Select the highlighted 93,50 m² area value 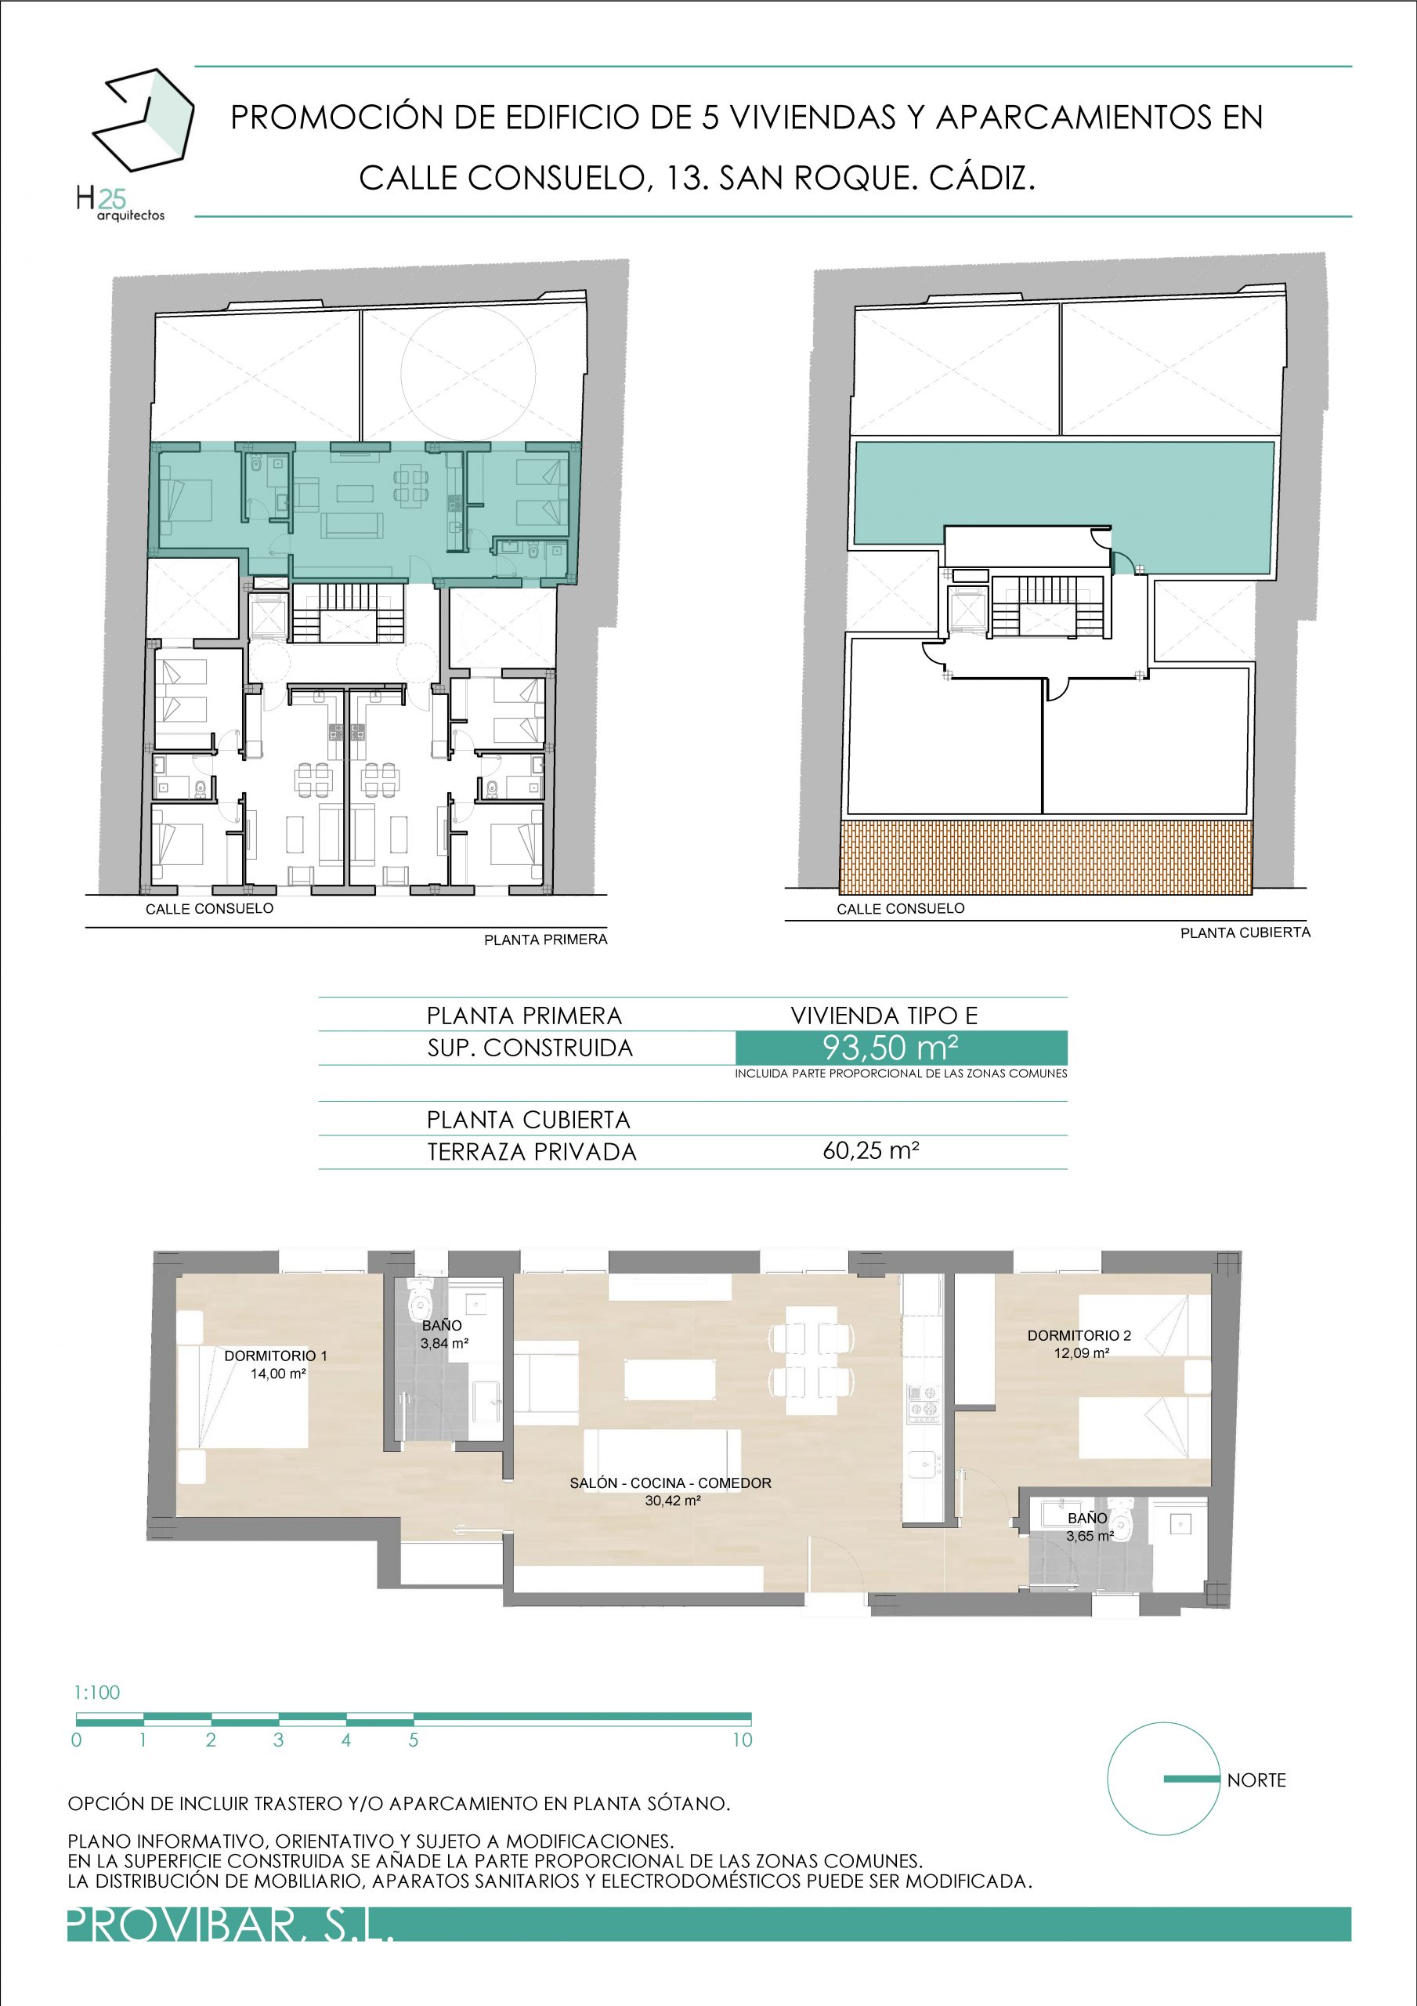tap(890, 1047)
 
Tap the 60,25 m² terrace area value tap(870, 1150)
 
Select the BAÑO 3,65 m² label tap(1089, 1526)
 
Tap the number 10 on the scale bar tap(742, 1740)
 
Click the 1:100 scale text tap(97, 1693)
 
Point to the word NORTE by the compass tap(1256, 1780)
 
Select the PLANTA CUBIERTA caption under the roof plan tap(1245, 933)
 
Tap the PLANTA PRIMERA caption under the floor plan tap(546, 940)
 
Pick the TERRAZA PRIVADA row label tap(532, 1152)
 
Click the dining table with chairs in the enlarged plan tap(811, 1360)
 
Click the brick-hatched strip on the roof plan tap(1046, 856)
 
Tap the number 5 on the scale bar tap(414, 1740)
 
